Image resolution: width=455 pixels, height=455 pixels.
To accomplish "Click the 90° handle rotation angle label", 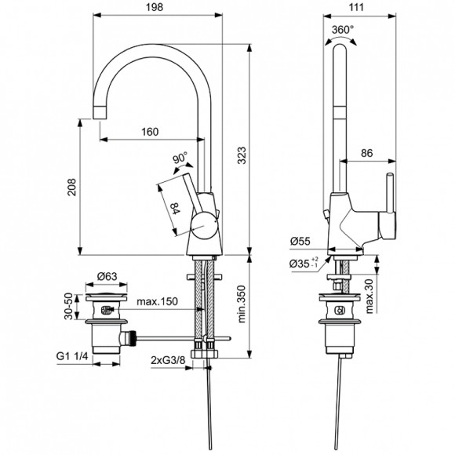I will coord(180,157).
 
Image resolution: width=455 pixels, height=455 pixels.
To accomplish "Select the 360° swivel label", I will coord(343,29).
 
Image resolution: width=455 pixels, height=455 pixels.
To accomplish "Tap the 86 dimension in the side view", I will coord(366,155).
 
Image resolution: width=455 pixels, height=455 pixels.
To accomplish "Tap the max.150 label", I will coord(157,303).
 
